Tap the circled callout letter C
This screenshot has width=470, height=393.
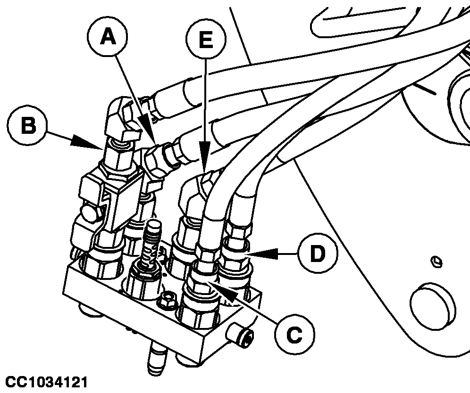294,335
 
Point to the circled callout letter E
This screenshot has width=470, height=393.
205,39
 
